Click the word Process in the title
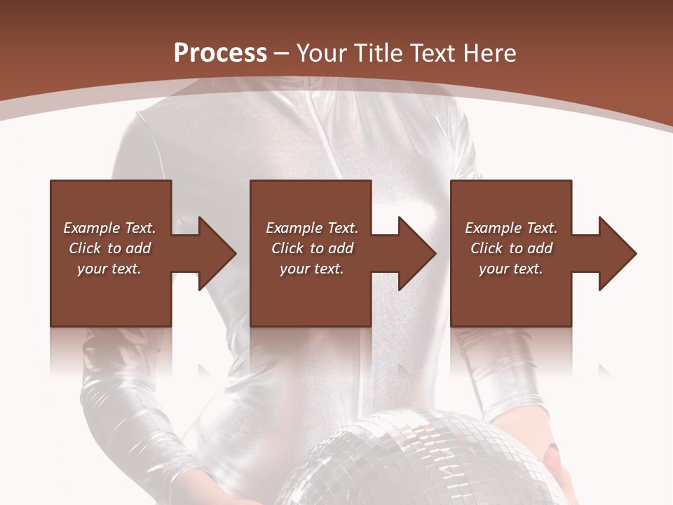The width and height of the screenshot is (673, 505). (x=220, y=53)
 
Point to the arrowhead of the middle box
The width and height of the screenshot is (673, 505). (x=416, y=253)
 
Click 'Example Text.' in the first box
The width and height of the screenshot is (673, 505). (x=109, y=228)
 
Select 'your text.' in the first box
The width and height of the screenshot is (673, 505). (x=109, y=269)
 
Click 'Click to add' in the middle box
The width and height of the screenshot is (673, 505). (x=312, y=248)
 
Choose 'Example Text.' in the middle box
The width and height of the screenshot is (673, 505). (x=312, y=228)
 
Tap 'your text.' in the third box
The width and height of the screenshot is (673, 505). (x=511, y=269)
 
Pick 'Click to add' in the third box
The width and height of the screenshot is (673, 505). (x=511, y=248)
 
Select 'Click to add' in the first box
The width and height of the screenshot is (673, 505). (x=109, y=248)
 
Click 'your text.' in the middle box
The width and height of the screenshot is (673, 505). (x=312, y=269)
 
